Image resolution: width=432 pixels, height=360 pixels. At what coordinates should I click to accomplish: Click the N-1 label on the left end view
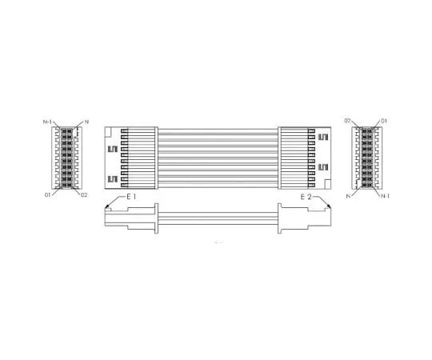point(48,122)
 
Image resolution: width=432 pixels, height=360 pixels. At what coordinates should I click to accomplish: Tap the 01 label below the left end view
point(48,194)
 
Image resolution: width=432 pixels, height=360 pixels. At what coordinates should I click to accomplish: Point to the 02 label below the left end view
point(84,194)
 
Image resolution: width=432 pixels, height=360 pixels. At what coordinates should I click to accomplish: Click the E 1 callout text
point(130,196)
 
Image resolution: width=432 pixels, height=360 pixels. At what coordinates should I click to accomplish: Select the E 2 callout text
point(306,196)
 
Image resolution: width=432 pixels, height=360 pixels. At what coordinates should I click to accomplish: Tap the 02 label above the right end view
point(348,121)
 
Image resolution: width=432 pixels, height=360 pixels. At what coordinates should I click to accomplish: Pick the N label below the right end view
point(348,194)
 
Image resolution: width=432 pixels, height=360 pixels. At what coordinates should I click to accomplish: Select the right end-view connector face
point(366,158)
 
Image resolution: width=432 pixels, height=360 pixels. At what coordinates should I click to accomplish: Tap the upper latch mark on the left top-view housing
point(113,148)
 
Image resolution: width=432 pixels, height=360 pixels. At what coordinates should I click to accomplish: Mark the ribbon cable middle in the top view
point(218,157)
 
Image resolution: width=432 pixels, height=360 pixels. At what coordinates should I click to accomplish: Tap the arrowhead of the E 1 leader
point(107,209)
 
